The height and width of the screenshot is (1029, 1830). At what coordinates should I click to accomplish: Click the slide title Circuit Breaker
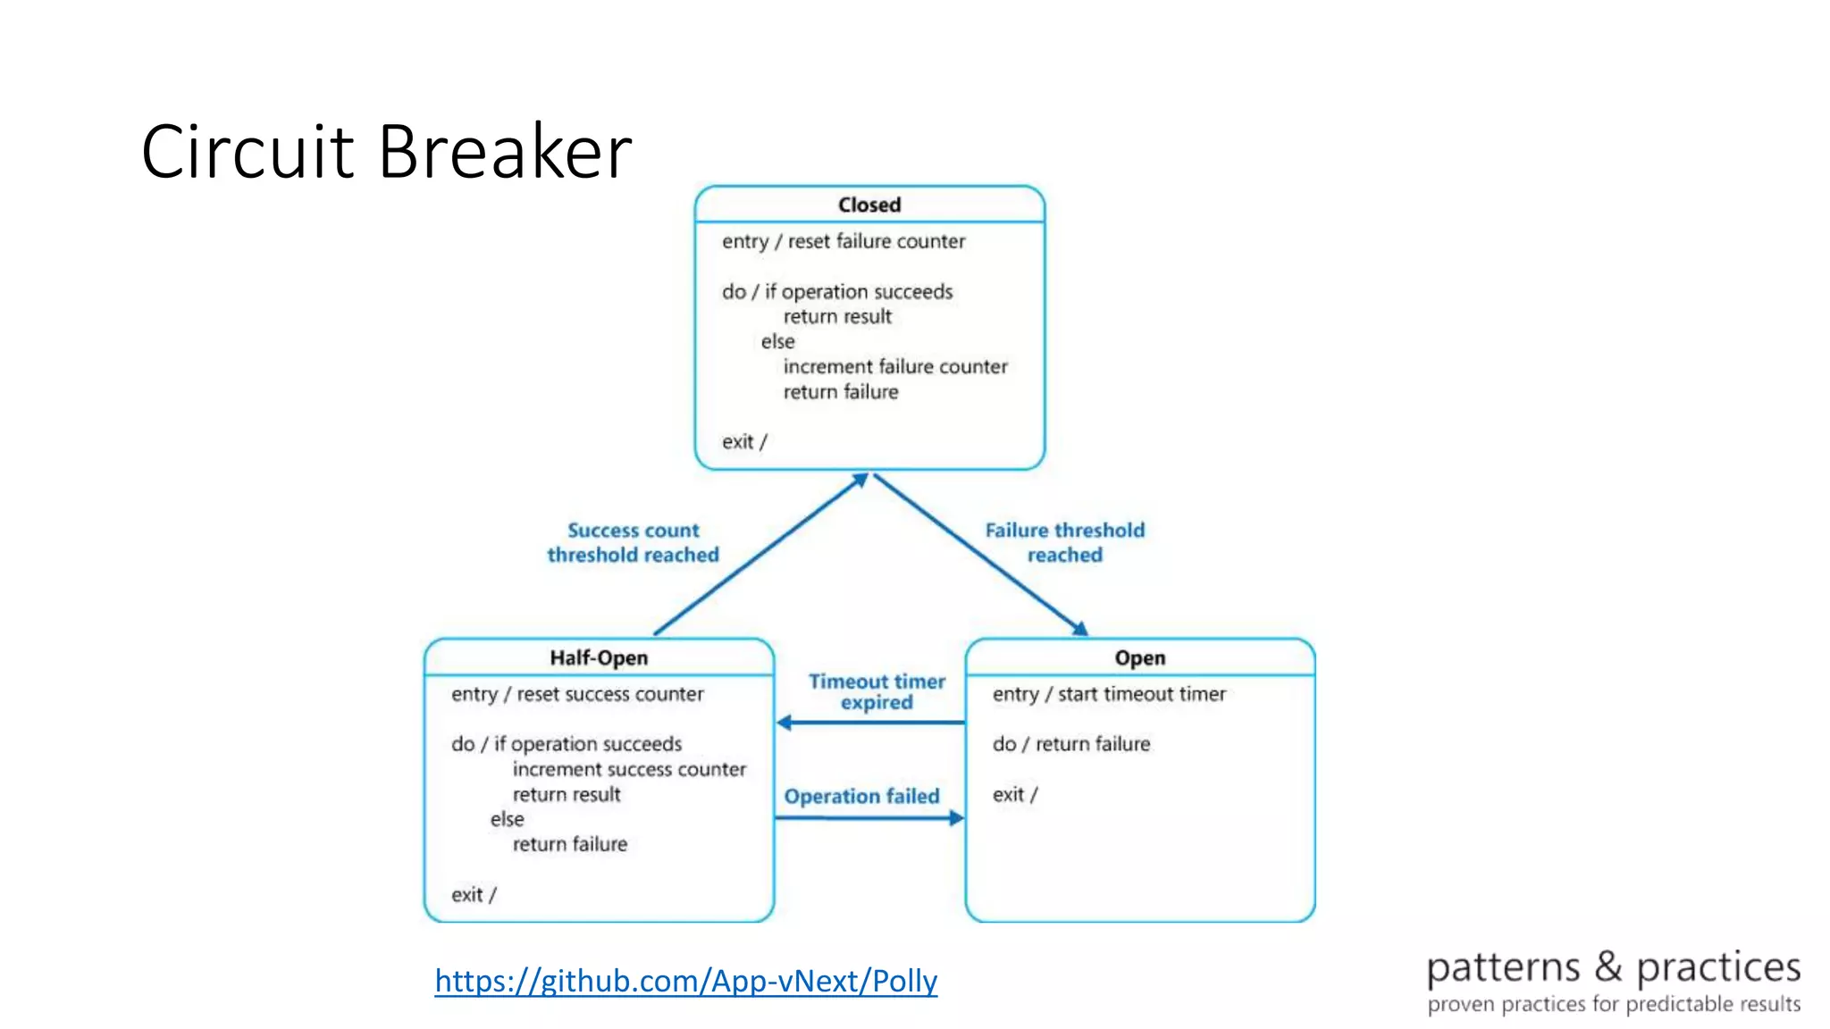tap(386, 152)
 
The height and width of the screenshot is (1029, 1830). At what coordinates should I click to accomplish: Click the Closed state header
tap(869, 205)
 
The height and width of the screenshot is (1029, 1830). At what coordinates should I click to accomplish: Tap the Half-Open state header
tap(598, 658)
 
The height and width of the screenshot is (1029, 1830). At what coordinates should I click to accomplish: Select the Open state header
tap(1139, 658)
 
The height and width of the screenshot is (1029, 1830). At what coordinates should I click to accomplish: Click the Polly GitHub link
tap(685, 981)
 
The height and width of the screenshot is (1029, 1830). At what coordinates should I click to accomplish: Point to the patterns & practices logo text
tap(1613, 967)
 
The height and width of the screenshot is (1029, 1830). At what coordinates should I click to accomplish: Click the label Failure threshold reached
tap(1064, 542)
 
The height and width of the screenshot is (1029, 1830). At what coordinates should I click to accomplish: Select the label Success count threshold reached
tap(633, 542)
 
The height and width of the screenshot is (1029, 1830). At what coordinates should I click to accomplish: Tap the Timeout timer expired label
tap(877, 691)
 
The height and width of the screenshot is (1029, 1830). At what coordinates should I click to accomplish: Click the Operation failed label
tap(861, 796)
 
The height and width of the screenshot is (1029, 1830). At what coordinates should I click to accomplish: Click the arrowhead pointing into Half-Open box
tap(784, 723)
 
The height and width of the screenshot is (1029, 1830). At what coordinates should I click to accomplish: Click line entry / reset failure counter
tap(843, 241)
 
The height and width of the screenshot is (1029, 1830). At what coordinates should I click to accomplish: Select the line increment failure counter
tap(894, 366)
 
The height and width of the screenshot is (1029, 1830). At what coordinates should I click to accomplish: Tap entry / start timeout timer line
tap(1108, 694)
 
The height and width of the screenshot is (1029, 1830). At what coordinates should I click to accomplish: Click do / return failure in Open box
tap(1070, 744)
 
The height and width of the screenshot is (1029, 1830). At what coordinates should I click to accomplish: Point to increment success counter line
tap(628, 769)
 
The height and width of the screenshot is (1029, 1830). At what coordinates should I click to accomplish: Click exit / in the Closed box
tap(743, 441)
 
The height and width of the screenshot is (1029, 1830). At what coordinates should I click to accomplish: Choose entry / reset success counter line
tap(576, 694)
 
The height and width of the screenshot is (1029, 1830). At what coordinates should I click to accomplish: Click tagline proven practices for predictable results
tap(1613, 1004)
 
